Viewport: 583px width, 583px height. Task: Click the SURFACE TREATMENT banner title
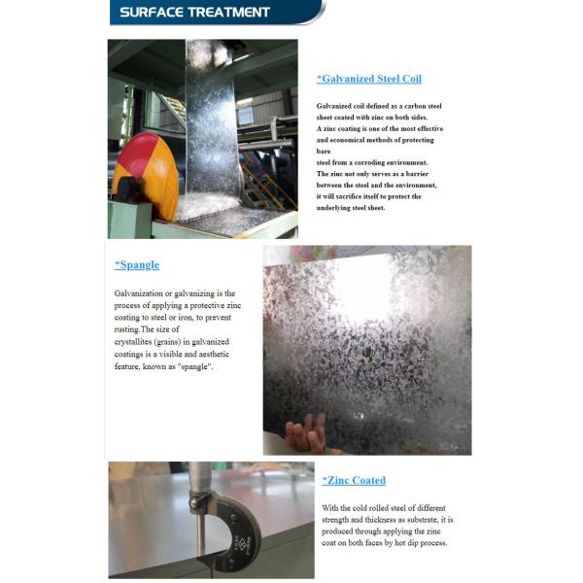195,13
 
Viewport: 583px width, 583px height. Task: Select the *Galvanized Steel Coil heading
368,79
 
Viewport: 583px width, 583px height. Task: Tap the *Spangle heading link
137,264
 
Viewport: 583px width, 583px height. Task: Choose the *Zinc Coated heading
354,480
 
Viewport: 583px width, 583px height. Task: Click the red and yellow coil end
145,176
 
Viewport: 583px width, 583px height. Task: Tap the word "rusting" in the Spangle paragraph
127,329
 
